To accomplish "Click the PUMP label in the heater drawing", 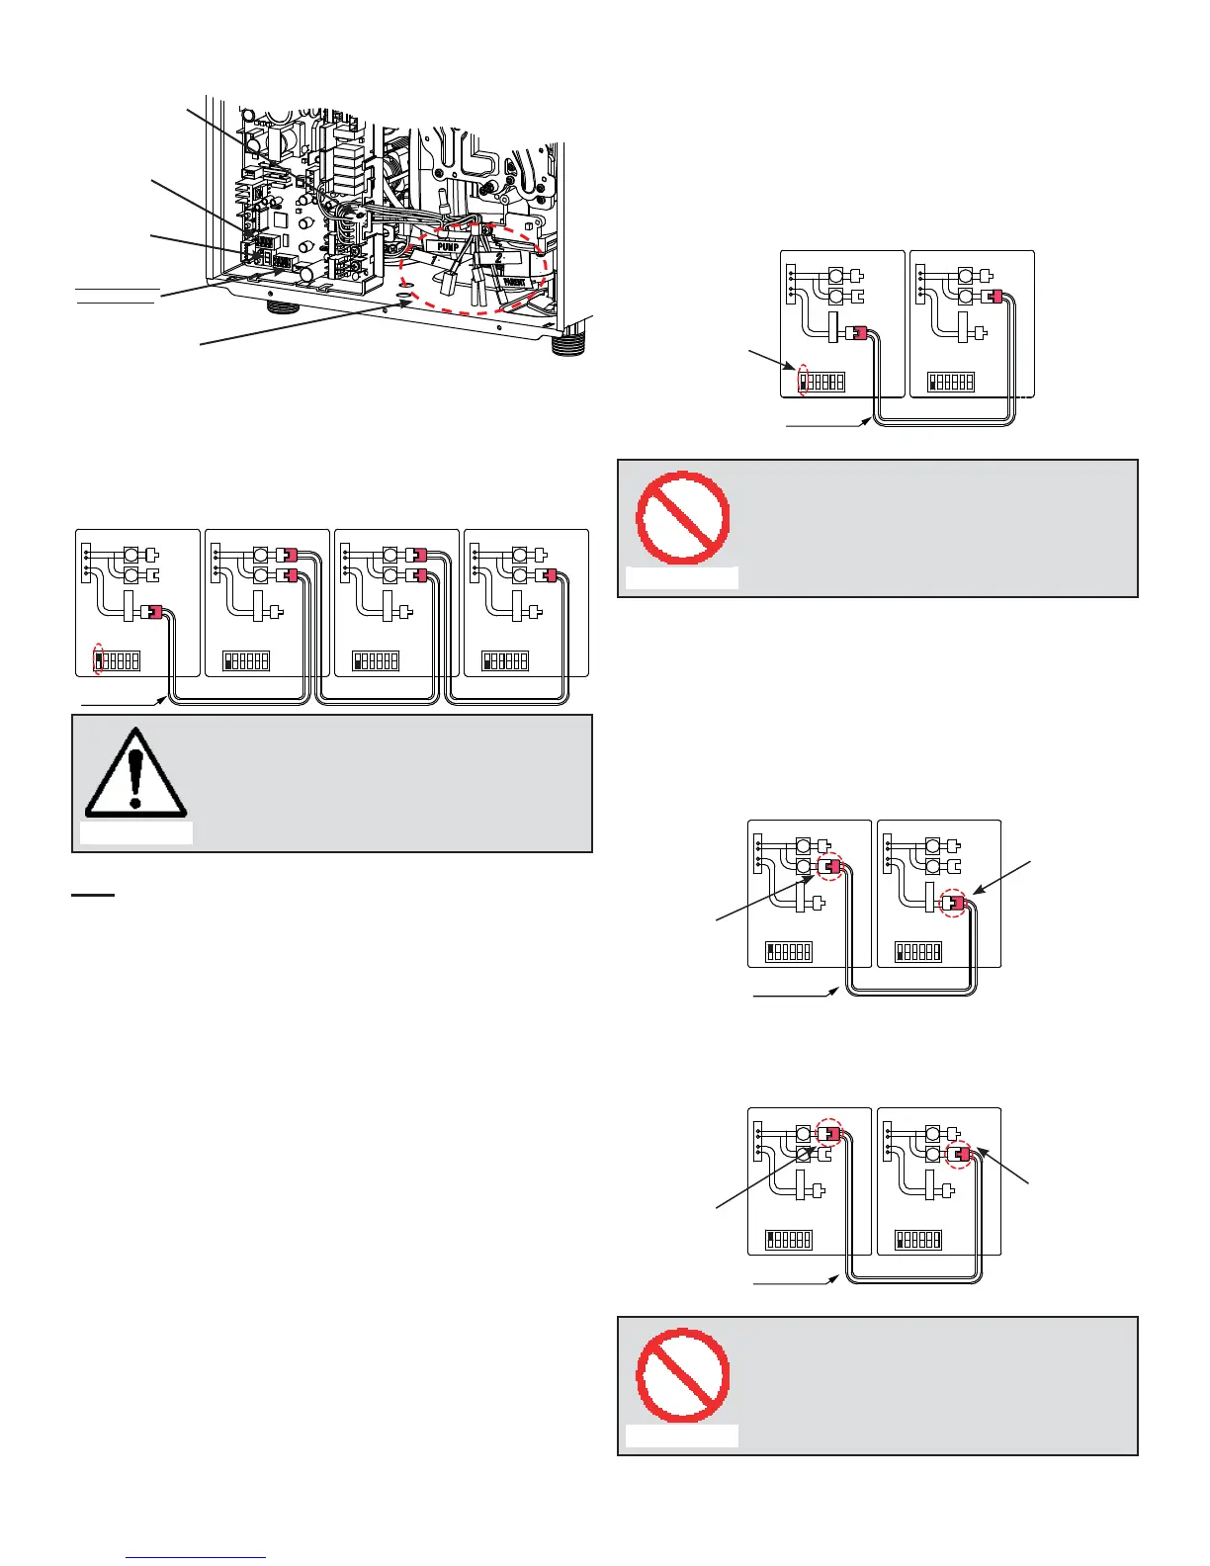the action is point(448,245).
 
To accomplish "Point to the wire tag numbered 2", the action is point(499,256).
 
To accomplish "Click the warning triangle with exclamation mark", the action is point(135,773).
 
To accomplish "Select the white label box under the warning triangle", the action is point(136,832).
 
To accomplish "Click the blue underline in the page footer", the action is point(197,1558).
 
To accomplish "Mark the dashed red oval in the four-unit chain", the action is point(99,659).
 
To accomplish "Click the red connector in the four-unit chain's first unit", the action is point(153,612).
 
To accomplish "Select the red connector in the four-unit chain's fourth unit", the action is point(548,574).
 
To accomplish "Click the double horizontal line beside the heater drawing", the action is point(118,296).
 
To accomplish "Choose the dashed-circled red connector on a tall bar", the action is point(953,903).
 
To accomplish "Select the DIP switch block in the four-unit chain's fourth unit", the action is point(505,660).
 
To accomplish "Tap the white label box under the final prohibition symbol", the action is point(682,1435).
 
